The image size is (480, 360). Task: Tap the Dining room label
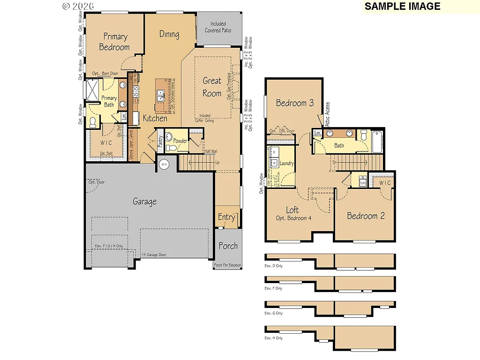[x=169, y=34]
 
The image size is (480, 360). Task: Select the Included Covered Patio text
[x=218, y=27]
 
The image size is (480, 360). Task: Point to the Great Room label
[x=212, y=87]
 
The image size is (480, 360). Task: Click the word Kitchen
[x=155, y=118]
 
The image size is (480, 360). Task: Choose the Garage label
[x=144, y=202]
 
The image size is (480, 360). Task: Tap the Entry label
[x=226, y=217]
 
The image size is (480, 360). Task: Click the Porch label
[x=228, y=246]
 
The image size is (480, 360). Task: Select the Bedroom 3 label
[x=294, y=103]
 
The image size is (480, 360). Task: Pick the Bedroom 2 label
[x=366, y=216]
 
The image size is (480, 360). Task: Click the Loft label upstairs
[x=292, y=210]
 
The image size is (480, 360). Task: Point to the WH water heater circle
[x=164, y=164]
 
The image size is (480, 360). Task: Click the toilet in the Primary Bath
[x=92, y=122]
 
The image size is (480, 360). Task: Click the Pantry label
[x=160, y=141]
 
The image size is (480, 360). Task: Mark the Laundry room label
[x=286, y=164]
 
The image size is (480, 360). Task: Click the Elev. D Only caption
[x=273, y=266]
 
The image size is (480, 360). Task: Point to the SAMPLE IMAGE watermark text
[x=402, y=6]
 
